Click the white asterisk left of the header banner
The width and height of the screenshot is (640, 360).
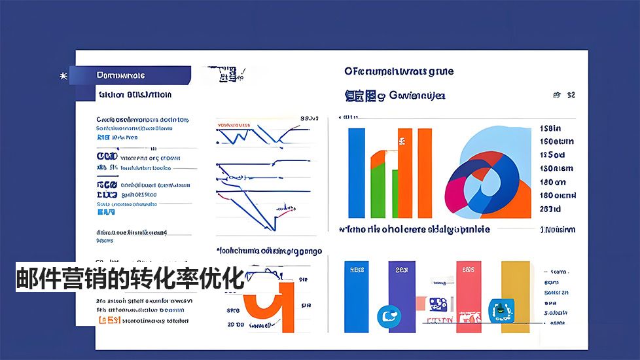[x=63, y=76]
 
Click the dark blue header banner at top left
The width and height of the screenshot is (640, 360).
[x=131, y=75]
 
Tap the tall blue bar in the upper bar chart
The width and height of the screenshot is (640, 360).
[x=357, y=173]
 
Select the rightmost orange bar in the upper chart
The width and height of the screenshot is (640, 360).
[x=425, y=173]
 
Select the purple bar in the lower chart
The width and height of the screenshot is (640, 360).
[x=400, y=291]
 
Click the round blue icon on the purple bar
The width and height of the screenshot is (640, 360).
[x=388, y=317]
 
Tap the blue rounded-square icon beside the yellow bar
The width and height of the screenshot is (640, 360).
[x=501, y=310]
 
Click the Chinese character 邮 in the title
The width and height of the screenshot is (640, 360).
[x=27, y=278]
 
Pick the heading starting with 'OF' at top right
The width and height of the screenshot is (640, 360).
[x=399, y=71]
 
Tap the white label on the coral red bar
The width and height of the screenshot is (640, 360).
[x=467, y=269]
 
